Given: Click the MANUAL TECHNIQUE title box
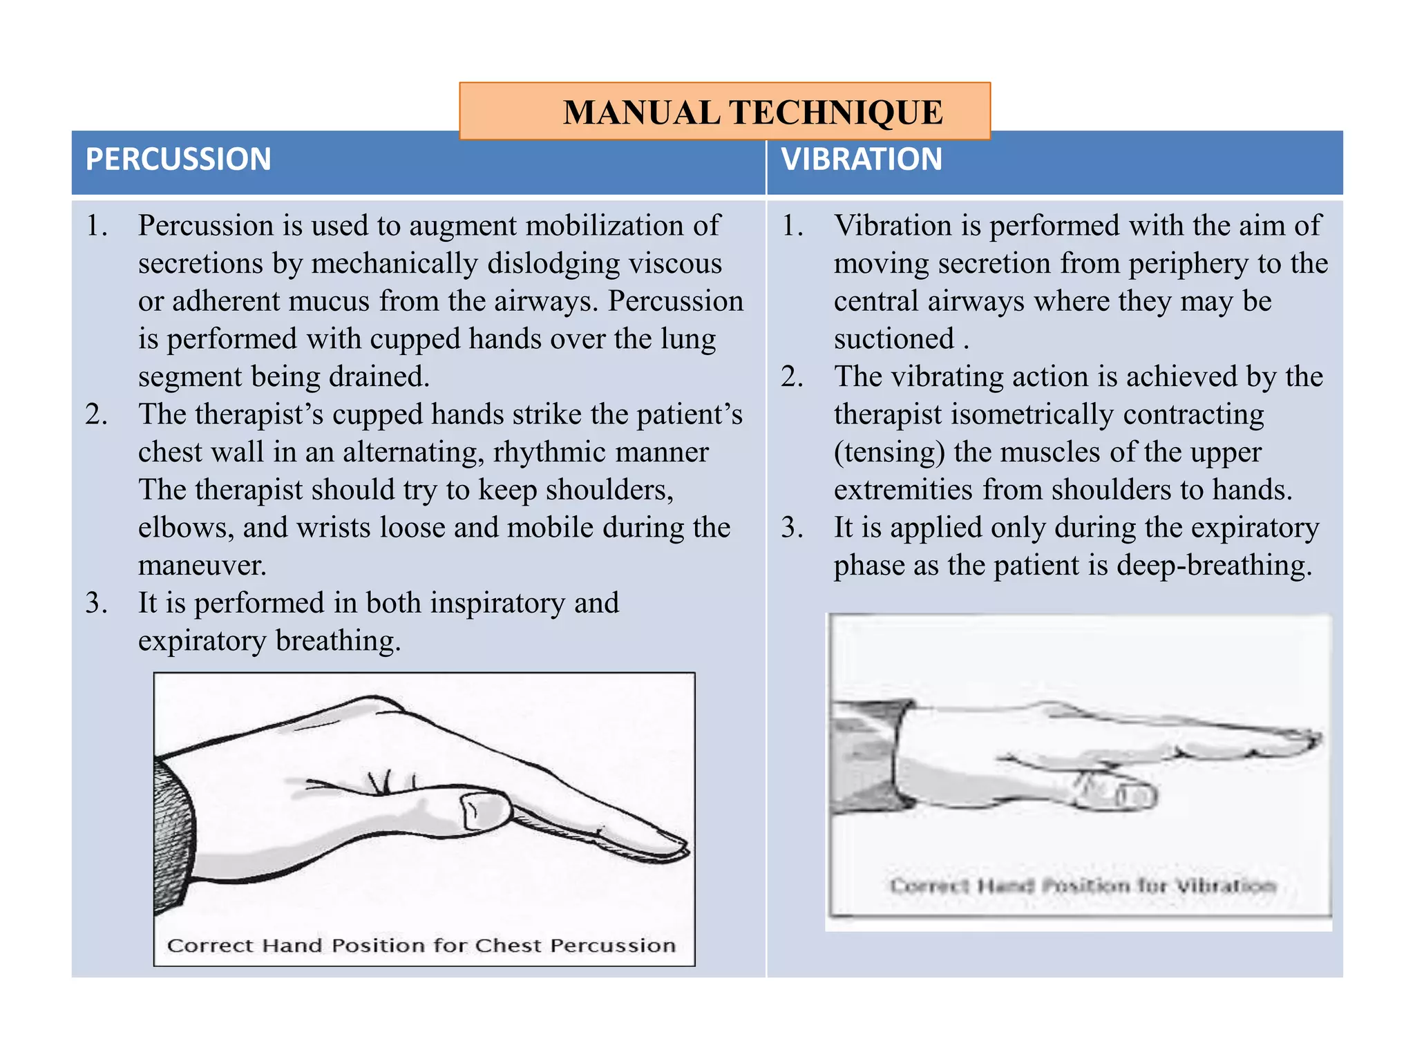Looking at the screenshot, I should (x=725, y=112).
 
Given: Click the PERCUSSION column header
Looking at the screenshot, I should (x=178, y=160).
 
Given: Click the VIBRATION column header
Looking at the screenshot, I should (x=862, y=160).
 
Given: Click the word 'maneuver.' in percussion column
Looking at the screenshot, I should (x=202, y=566).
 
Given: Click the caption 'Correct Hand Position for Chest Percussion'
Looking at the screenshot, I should (x=421, y=945).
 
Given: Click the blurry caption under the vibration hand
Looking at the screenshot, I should (x=1082, y=886).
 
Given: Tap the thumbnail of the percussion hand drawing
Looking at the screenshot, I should (x=477, y=810).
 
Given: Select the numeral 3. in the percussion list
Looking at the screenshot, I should (x=96, y=604).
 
